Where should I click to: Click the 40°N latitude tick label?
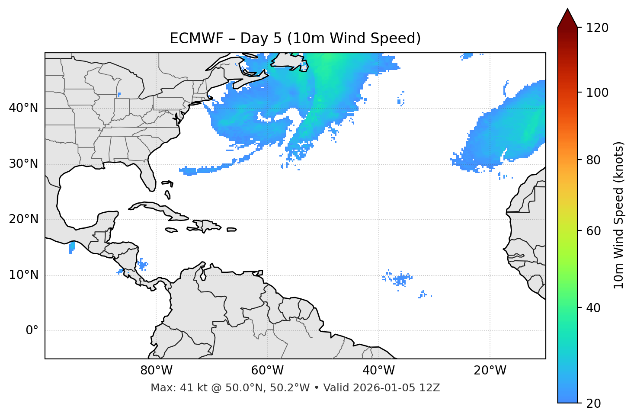23,108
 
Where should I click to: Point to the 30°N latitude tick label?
23,164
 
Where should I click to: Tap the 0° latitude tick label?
32,331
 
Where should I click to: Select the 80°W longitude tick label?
156,371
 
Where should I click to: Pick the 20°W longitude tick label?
490,371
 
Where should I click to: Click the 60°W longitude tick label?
267,371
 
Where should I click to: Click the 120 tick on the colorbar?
598,28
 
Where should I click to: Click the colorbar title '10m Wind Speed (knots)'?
619,215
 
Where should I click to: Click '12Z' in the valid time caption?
430,388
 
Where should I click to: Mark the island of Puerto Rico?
232,230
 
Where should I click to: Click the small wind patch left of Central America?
72,247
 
